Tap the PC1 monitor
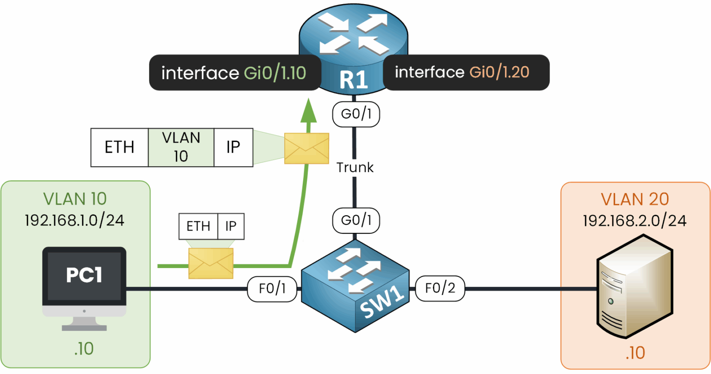click(84, 282)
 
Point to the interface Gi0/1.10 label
click(234, 73)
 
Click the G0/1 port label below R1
click(356, 114)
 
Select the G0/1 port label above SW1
click(356, 220)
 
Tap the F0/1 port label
click(272, 289)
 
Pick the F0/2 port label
click(440, 288)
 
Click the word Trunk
click(355, 168)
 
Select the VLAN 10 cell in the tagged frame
click(181, 147)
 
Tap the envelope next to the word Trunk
click(306, 148)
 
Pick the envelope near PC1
click(211, 263)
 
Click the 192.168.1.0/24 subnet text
click(75, 220)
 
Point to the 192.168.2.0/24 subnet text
click(634, 221)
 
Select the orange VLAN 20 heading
click(635, 199)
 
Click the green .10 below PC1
click(84, 349)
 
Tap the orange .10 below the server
click(635, 353)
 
